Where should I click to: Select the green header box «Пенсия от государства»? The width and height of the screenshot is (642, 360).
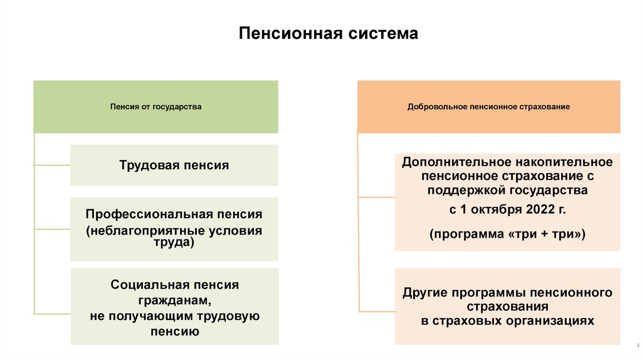155,107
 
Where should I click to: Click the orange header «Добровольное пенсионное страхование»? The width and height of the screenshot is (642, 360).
488,107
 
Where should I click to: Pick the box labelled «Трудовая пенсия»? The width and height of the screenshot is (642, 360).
174,166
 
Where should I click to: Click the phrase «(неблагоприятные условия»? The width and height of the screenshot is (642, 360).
174,230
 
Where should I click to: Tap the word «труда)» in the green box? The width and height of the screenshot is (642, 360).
174,241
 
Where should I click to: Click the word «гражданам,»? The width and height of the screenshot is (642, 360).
174,300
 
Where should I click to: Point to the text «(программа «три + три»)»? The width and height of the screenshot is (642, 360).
507,234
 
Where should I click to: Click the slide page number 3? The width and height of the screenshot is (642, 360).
629,346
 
